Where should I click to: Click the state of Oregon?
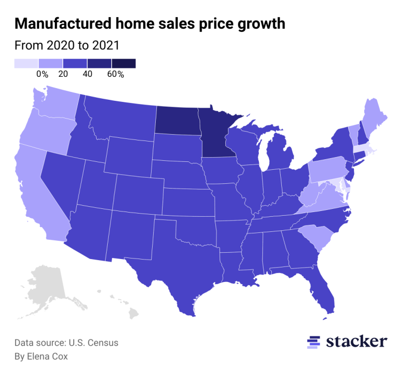[44, 136]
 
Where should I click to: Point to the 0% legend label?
[42, 74]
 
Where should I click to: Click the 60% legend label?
[116, 74]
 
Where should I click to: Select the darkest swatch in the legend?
[123, 63]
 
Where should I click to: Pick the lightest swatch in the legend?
[26, 63]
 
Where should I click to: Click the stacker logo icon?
[314, 342]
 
